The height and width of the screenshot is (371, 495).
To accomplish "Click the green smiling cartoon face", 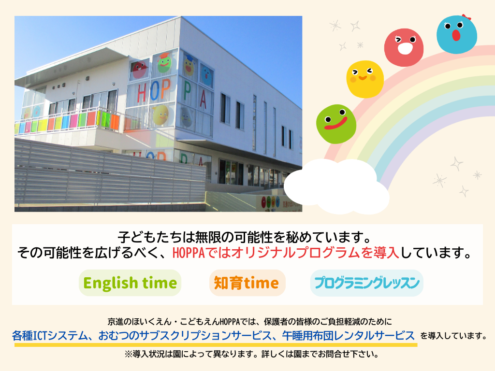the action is tap(336, 124).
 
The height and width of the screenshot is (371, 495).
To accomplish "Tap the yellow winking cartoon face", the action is tap(365, 79).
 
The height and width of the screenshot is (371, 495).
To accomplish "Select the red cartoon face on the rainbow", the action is tap(404, 47).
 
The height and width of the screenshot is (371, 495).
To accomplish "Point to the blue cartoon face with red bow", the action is tap(456, 34).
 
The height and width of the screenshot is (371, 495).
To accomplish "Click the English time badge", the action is tap(130, 283).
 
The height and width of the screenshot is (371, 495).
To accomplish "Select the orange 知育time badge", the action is tap(247, 283).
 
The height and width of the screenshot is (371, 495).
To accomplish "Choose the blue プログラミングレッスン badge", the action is tap(367, 283).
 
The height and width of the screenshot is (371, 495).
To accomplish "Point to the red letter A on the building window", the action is tap(203, 99).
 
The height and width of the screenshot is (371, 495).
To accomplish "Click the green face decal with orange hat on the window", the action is tap(164, 63).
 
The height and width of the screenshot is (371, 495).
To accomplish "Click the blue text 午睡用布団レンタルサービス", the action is tap(348, 335).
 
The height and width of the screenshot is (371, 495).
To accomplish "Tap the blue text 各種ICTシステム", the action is tap(50, 335).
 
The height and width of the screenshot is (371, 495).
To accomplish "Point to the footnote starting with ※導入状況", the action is tap(251, 354).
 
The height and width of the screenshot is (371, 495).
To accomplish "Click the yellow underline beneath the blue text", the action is tap(216, 345).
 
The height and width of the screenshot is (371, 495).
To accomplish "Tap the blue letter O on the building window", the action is tap(155, 91).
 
